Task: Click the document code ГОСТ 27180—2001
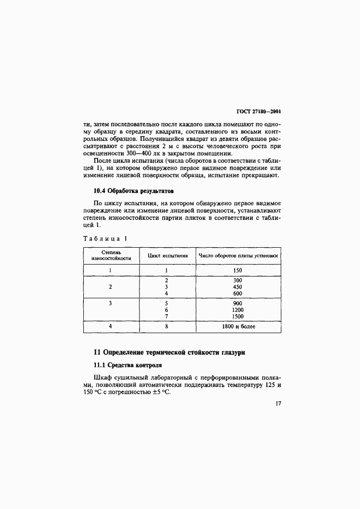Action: [261, 111]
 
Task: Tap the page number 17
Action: [278, 404]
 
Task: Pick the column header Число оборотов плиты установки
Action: [239, 255]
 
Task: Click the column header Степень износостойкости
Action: [111, 255]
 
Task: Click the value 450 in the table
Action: [236, 287]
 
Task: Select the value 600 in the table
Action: [236, 294]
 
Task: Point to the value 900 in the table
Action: [236, 303]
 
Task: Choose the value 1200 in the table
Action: [236, 309]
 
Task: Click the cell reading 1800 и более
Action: [239, 327]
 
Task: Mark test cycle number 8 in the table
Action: [166, 327]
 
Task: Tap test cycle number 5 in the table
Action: [166, 303]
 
